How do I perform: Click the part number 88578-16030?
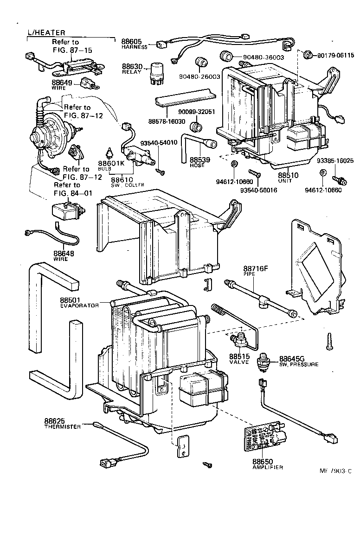pyautogui.click(x=167, y=121)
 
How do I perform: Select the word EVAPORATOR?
pyautogui.click(x=79, y=305)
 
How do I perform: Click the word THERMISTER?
pyautogui.click(x=63, y=426)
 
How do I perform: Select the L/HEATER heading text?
pyautogui.click(x=46, y=32)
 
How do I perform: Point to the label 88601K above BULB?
pyautogui.click(x=111, y=164)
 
